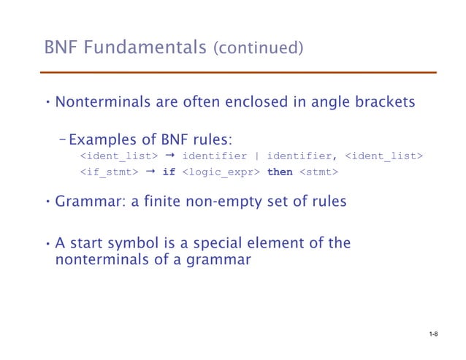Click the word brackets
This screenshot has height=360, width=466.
(388, 102)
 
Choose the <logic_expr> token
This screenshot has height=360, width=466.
(221, 172)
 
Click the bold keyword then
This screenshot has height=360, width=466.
(280, 172)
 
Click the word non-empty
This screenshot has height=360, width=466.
(221, 203)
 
